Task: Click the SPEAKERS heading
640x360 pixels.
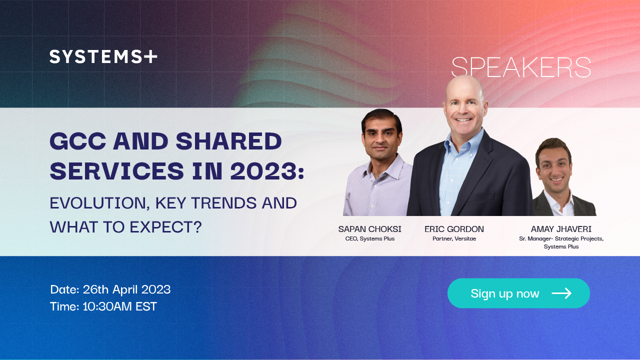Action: [x=521, y=67]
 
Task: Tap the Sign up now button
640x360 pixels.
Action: [x=518, y=293]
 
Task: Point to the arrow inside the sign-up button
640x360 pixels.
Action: [x=561, y=293]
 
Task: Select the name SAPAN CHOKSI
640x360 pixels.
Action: [x=369, y=229]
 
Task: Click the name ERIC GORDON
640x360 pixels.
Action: [x=454, y=229]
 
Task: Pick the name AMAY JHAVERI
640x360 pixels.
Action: [x=561, y=229]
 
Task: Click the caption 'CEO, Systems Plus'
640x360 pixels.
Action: [x=369, y=238]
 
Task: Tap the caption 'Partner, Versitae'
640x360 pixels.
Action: [x=454, y=238]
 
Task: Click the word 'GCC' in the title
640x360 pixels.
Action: [x=78, y=141]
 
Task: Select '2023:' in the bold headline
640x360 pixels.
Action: [x=267, y=171]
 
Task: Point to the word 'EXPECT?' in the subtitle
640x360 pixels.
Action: [x=165, y=227]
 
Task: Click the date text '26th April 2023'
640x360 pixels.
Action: [x=126, y=289]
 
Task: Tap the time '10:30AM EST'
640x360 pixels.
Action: [x=119, y=306]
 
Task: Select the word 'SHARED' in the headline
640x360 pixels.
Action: [x=228, y=141]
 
